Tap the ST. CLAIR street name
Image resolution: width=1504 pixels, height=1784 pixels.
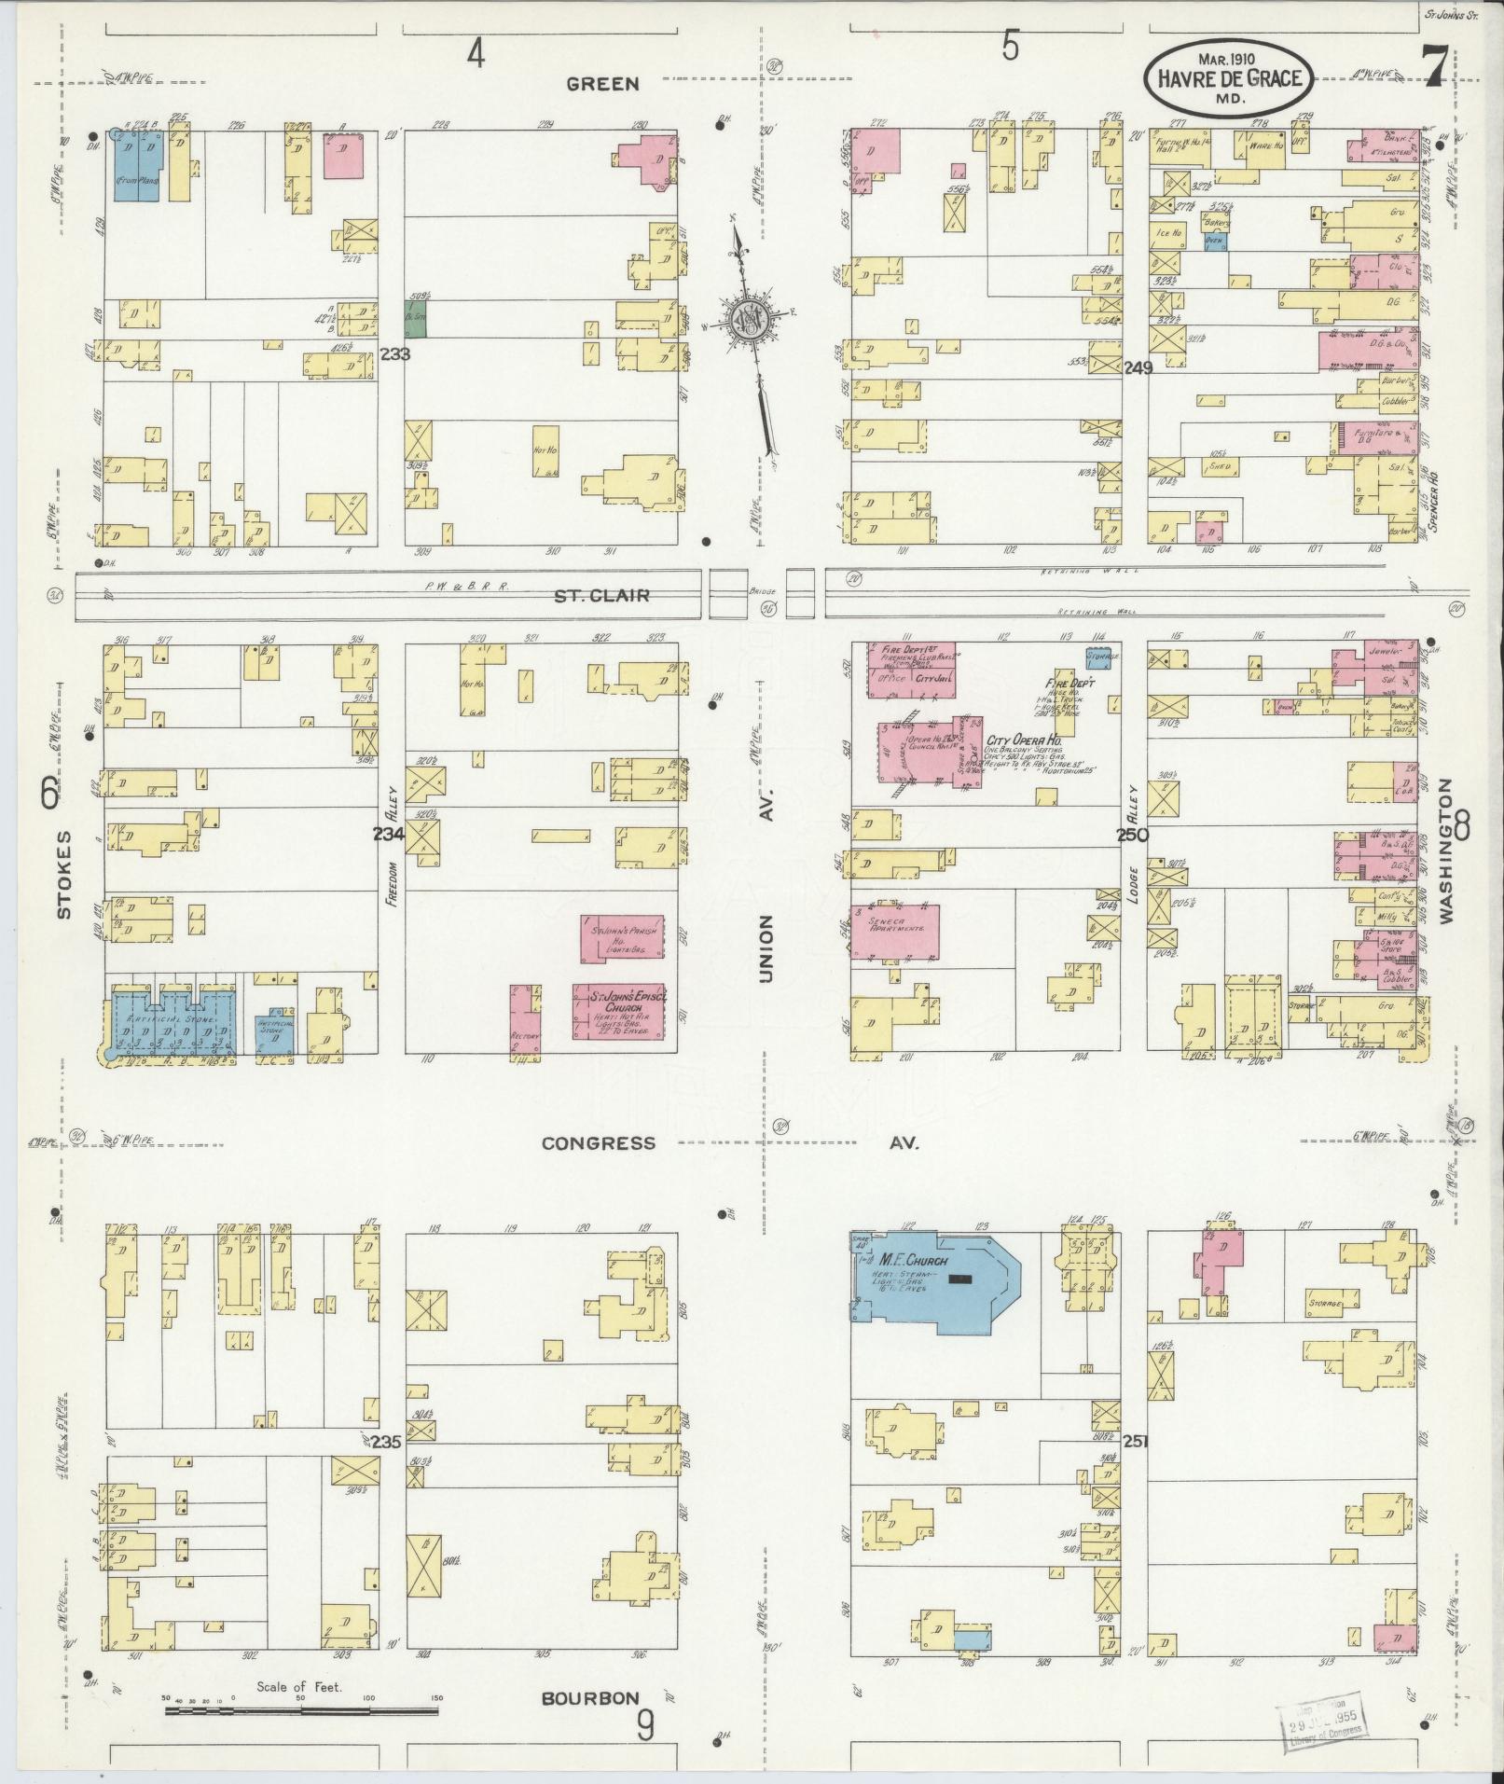(601, 594)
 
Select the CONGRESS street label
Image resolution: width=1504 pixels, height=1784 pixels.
(598, 1142)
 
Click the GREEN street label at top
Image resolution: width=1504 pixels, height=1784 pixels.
(603, 84)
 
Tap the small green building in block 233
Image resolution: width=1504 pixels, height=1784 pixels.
(415, 317)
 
